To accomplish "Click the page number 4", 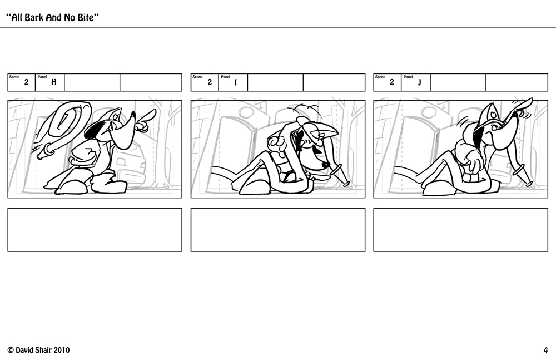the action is point(546,350).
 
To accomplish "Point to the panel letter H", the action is point(54,82).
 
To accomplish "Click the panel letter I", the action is point(236,82).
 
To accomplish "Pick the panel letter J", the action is point(419,82).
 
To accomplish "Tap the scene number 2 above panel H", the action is point(26,82).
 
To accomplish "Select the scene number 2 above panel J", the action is point(392,82).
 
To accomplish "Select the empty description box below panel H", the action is point(95,230).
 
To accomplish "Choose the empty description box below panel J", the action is point(460,230).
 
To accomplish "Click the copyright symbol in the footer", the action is point(10,350).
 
